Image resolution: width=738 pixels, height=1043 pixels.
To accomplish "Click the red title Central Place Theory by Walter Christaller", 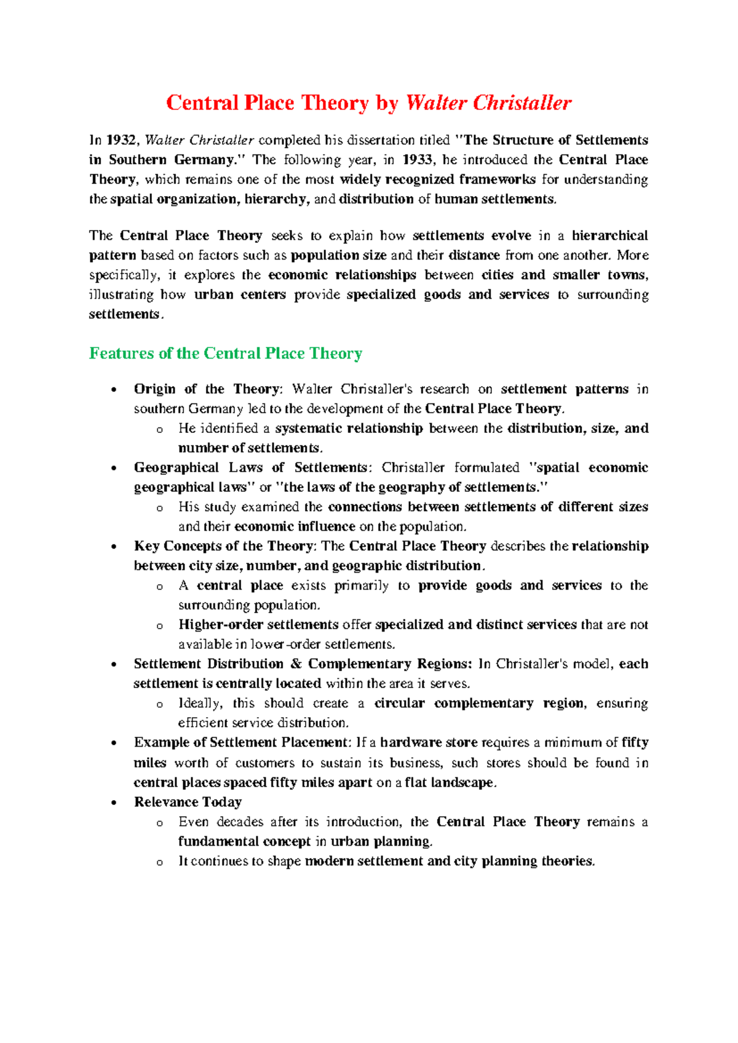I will (x=368, y=103).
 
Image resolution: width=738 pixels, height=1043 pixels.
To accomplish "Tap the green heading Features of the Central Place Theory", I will (x=225, y=354).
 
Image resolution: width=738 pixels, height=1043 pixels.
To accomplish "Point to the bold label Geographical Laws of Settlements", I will (x=250, y=467).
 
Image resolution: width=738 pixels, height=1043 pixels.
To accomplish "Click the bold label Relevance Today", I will (x=188, y=802).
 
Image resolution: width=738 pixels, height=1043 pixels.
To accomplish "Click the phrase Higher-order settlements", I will (x=258, y=625).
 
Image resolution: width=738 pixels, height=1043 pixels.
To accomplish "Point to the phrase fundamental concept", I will (x=244, y=841).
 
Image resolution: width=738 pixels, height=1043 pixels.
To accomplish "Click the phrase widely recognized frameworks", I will (x=437, y=180).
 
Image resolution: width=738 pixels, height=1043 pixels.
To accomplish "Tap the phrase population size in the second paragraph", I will (x=338, y=255).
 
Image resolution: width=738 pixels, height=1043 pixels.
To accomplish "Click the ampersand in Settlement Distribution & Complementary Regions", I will (x=296, y=664).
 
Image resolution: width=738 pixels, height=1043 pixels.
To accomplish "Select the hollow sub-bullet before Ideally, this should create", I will (x=160, y=705).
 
